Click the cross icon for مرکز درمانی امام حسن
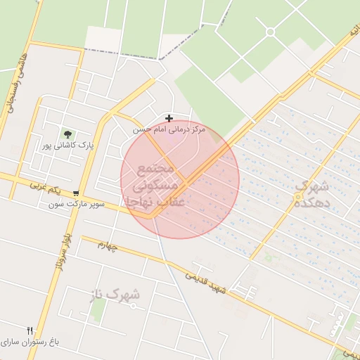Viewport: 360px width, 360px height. point(169,117)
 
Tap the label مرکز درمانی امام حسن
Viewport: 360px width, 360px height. point(169,130)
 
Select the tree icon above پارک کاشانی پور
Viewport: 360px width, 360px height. point(68,134)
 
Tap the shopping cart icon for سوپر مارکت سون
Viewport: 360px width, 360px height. point(75,194)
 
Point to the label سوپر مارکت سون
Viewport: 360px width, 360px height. point(77,205)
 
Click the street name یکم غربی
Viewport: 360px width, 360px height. point(45,188)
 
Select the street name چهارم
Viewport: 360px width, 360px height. point(112,246)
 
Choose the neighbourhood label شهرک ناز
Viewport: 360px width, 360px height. point(115,295)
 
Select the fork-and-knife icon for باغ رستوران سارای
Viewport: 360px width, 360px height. point(30,330)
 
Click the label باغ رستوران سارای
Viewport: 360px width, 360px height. point(31,342)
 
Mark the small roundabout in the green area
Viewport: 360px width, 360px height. point(270,32)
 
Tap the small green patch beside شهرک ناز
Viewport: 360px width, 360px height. point(98,309)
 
